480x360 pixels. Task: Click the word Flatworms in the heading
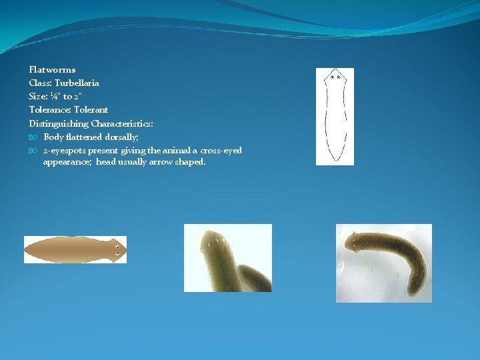coord(52,69)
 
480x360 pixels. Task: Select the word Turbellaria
coord(77,83)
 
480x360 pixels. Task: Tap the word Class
coord(40,83)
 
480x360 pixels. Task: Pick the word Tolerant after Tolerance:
coord(91,109)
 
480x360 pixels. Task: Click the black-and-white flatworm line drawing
coord(335,117)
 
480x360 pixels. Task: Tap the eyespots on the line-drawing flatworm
coord(335,77)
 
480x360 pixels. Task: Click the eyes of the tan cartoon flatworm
coord(117,250)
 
